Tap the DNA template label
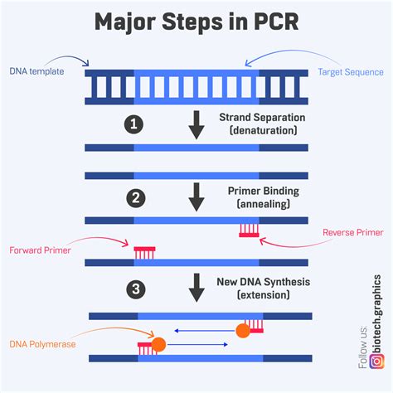pos(36,71)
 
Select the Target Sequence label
pos(351,72)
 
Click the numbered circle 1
pos(133,124)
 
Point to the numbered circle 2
pos(136,198)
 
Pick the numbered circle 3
pos(136,289)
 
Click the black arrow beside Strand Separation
pos(196,125)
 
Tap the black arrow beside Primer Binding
pos(196,197)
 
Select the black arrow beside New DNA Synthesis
pos(196,288)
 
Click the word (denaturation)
pos(264,130)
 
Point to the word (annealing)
pos(264,204)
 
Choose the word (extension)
pos(264,294)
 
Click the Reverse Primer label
pos(353,232)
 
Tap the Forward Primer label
pos(40,250)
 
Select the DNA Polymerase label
pos(42,344)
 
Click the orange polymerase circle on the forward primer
pos(158,344)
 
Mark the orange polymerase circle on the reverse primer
pos(243,331)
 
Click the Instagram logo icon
pos(376,361)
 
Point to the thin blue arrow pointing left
pos(205,331)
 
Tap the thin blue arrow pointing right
pos(197,344)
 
